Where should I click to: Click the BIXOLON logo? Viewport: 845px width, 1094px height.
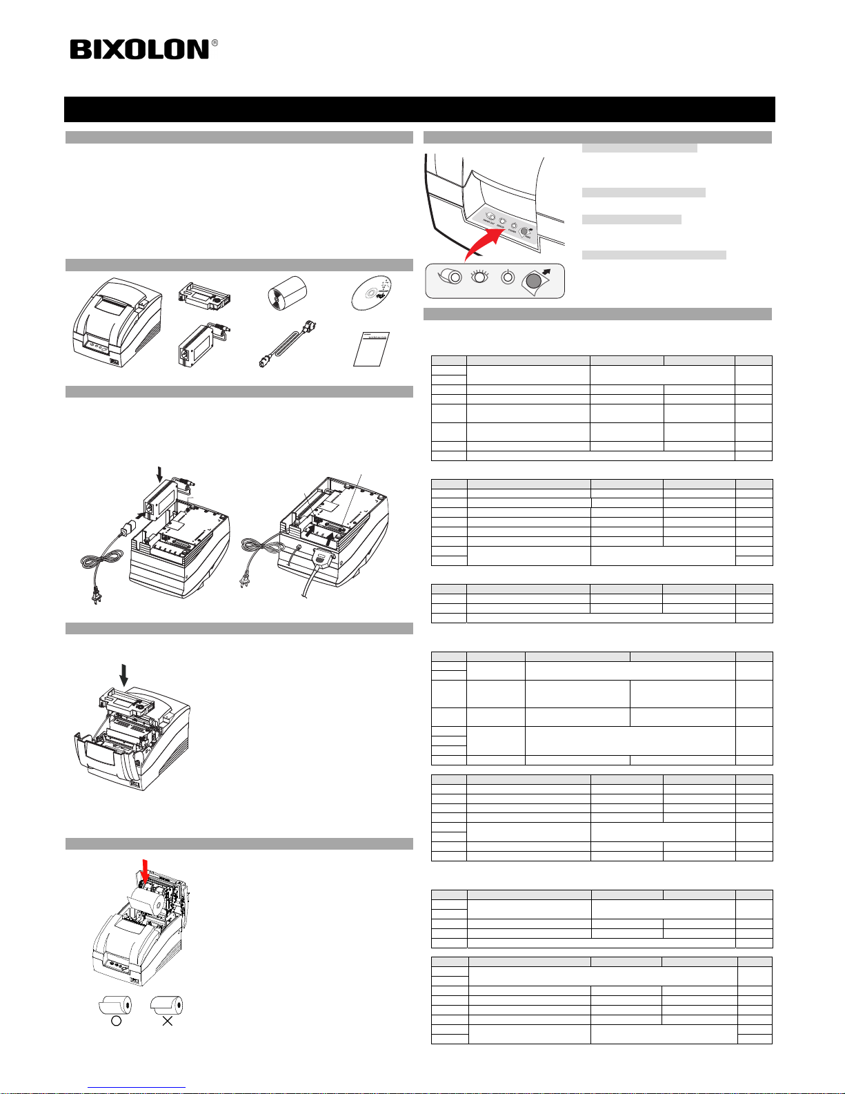139,50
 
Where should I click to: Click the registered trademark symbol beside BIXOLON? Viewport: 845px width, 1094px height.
215,43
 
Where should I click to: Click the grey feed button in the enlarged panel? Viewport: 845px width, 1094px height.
534,280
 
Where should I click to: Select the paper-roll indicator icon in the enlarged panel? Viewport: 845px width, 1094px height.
454,278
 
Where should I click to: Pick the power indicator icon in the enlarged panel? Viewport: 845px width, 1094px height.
508,277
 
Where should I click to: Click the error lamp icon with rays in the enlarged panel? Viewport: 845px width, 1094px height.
479,277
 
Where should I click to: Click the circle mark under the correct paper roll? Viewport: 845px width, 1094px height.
116,1019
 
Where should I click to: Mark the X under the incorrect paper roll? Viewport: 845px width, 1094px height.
167,1019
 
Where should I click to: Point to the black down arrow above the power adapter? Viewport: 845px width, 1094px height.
161,474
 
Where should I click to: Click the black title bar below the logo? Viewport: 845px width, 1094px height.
419,109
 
